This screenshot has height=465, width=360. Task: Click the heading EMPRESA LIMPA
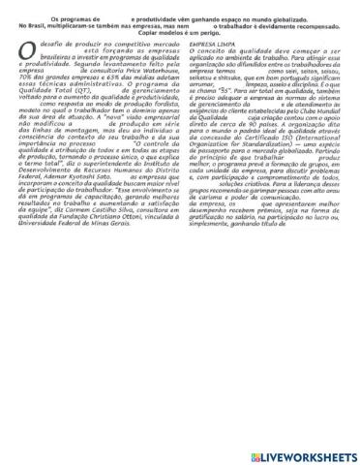(212, 45)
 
